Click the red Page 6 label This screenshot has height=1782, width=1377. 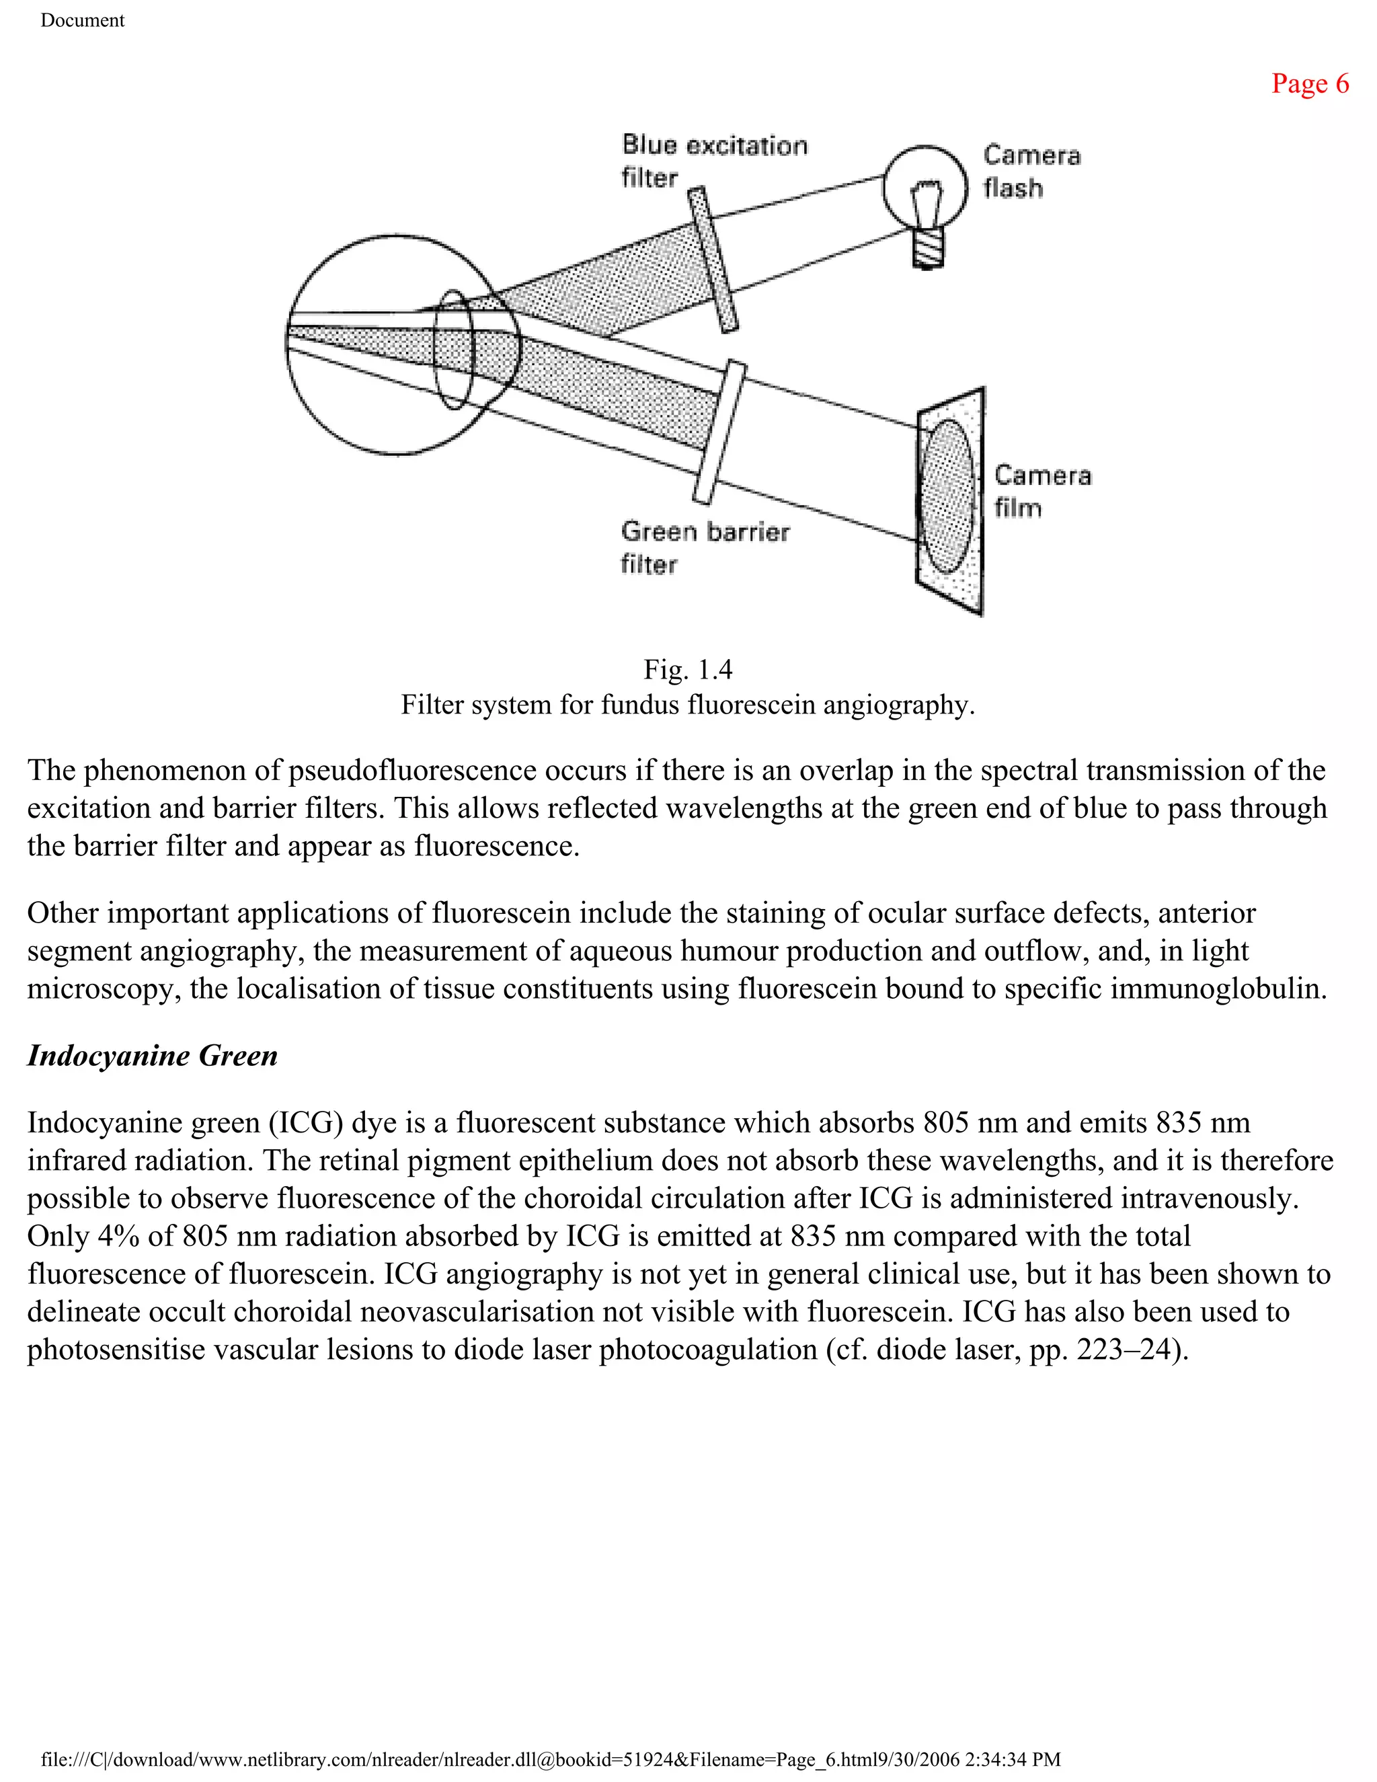[x=1309, y=84]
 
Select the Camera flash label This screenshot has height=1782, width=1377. [x=1031, y=171]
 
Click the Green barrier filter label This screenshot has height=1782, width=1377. [x=704, y=547]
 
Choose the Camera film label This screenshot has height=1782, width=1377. [x=1041, y=491]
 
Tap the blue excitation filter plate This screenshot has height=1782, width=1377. [x=713, y=259]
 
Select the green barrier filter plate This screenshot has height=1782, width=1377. [x=720, y=432]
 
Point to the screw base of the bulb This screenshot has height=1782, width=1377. [x=927, y=248]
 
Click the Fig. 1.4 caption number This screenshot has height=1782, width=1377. [x=688, y=670]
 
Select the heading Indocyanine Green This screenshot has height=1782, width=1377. [x=153, y=1056]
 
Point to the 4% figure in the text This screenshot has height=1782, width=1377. [x=118, y=1236]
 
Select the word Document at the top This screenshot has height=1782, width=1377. [x=83, y=20]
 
